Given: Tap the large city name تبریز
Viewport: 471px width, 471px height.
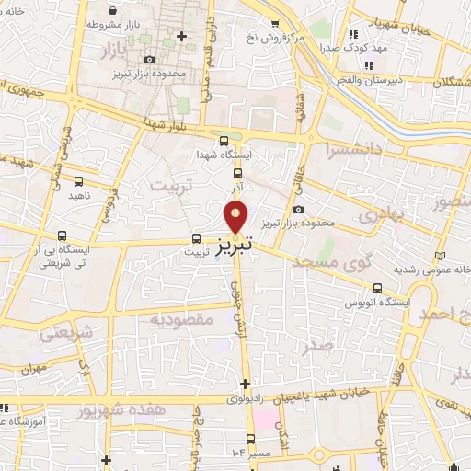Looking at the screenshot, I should pos(237,247).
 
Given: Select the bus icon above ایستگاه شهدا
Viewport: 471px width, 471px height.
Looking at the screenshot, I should pos(224,141).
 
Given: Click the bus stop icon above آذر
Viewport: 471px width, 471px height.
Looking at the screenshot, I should pos(237,172).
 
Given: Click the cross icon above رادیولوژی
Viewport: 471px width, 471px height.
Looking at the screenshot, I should pos(244,384).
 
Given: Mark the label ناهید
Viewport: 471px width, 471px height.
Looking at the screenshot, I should pos(78,196).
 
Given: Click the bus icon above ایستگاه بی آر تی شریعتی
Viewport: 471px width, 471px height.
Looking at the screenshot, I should pos(62,235).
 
